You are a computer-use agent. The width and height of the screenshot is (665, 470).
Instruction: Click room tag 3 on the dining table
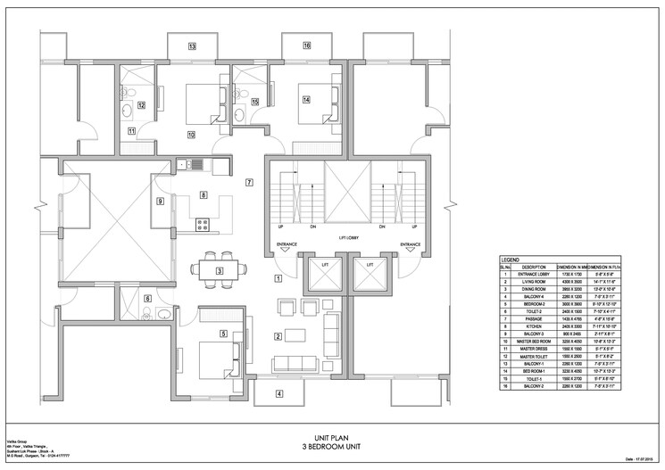click(x=220, y=270)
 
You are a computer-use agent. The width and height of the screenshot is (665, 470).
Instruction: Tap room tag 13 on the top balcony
click(x=191, y=45)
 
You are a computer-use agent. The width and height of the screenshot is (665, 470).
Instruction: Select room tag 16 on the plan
click(x=306, y=45)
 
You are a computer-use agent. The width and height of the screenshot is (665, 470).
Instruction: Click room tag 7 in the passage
click(x=249, y=182)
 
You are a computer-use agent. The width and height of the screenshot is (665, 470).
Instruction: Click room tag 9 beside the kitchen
click(x=161, y=202)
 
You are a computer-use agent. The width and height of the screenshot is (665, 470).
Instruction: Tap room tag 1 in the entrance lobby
click(x=278, y=278)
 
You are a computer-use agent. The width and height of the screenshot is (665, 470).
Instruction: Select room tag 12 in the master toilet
click(x=141, y=105)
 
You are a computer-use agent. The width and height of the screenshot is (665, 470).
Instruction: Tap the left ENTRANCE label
click(x=287, y=243)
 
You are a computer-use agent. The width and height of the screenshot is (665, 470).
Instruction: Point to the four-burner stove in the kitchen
click(x=202, y=224)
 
